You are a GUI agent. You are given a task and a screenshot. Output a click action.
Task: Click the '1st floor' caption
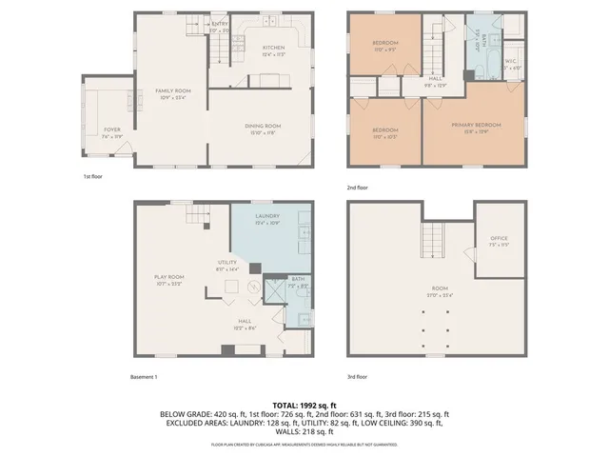tap(93, 177)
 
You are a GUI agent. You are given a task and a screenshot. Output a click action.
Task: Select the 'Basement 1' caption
tap(144, 377)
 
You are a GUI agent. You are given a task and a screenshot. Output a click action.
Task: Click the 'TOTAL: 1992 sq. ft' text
tap(304, 406)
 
